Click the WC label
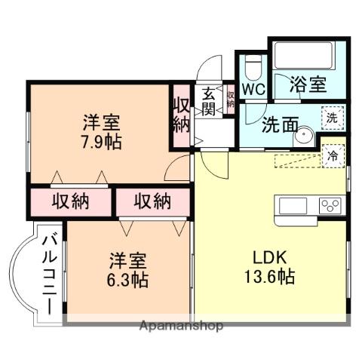[x=253, y=90]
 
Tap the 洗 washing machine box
[x=331, y=117]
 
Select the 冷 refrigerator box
[x=332, y=156]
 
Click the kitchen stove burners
[x=330, y=205]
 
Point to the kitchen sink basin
[x=293, y=205]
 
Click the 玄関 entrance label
[x=209, y=102]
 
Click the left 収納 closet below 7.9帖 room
[x=71, y=201]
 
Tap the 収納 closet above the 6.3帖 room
[x=153, y=201]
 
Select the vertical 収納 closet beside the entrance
[x=180, y=114]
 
